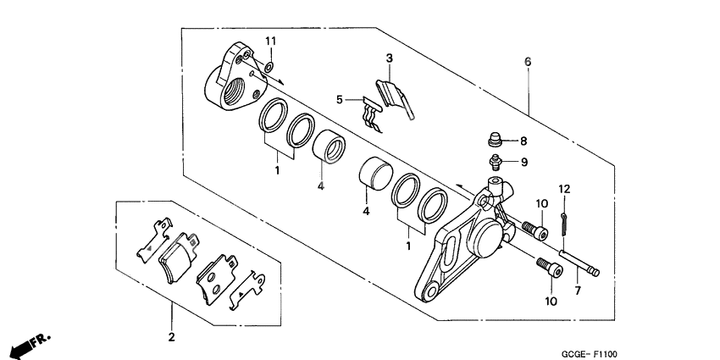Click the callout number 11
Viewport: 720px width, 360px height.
tap(270, 42)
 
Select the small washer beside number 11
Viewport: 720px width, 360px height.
tap(268, 65)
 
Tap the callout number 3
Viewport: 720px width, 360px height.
tap(389, 58)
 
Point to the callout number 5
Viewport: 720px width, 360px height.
tap(340, 99)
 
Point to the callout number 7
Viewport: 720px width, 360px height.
tap(578, 291)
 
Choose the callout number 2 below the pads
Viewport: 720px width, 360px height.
tap(170, 338)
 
